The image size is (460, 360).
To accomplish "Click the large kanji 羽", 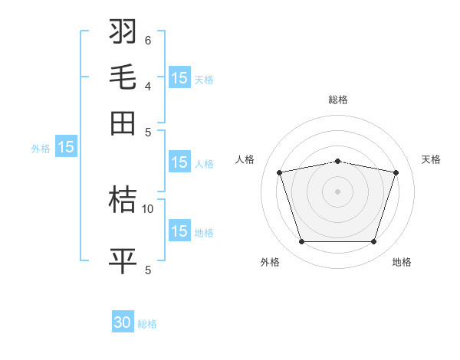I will [x=123, y=31].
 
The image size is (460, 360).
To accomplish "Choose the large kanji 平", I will [x=123, y=261].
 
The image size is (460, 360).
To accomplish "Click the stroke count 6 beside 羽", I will [x=148, y=40].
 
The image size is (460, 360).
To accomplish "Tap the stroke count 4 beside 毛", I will [x=148, y=86].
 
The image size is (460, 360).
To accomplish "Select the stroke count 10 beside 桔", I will [x=148, y=208].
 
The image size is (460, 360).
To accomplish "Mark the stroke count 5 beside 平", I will [x=148, y=270].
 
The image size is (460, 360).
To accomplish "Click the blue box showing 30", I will [x=123, y=323].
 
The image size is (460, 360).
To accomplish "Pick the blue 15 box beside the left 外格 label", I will [x=66, y=148].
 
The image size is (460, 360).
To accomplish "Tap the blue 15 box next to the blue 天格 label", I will [x=179, y=78].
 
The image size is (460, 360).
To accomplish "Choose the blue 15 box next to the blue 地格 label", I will [x=179, y=231].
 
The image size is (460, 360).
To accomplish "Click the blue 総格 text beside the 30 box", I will [x=147, y=324].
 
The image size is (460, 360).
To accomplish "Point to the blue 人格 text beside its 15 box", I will [x=204, y=163].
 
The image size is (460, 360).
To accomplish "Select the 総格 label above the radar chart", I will [x=338, y=100].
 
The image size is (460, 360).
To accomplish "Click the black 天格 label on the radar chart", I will [x=432, y=159].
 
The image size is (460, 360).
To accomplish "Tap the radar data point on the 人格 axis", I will [x=280, y=172].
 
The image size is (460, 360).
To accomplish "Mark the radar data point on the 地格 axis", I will [x=373, y=242].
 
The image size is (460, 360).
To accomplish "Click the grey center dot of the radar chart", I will [x=338, y=191].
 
